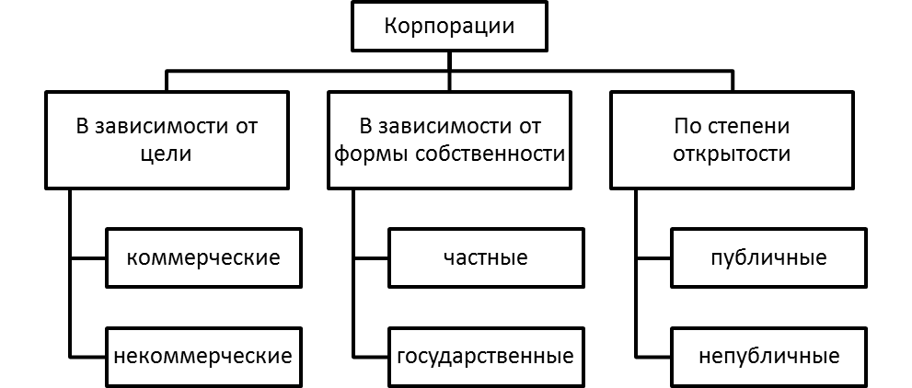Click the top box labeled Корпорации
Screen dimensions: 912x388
coord(449,27)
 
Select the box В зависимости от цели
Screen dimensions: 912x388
coord(167,140)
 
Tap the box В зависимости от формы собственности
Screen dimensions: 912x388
coord(450,140)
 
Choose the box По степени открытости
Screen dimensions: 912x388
coord(732,140)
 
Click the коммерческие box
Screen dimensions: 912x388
coord(203,257)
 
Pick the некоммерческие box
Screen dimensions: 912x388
coord(203,356)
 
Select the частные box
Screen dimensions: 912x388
coord(486,257)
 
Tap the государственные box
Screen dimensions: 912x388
coord(486,356)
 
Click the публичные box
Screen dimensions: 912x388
coord(768,257)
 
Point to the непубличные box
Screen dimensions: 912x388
coord(768,356)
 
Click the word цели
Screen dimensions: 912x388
coord(167,155)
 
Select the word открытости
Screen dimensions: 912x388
coord(732,154)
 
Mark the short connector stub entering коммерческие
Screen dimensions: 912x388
coord(87,257)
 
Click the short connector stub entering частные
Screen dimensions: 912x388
coord(371,257)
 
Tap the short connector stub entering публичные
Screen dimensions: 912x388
coord(652,257)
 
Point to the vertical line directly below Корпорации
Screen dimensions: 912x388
coord(449,71)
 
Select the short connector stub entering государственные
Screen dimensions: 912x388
coord(371,356)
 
